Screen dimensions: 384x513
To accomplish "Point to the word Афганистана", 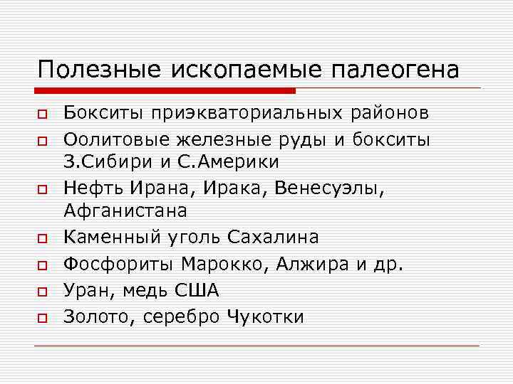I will coord(125,210).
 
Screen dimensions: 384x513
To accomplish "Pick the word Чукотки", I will coord(264,316).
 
